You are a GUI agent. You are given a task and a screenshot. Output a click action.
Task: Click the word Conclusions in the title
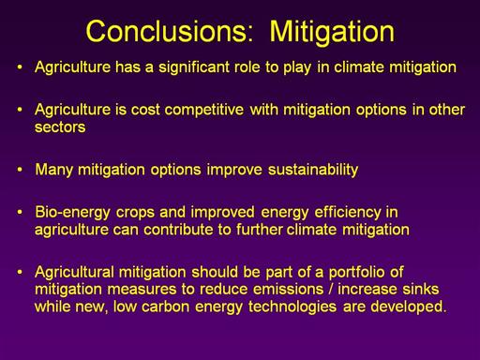click(170, 31)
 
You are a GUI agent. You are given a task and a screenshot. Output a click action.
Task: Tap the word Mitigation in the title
click(332, 31)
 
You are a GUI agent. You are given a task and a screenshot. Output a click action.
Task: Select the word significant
click(194, 67)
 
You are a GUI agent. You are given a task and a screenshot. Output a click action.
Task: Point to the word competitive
click(204, 110)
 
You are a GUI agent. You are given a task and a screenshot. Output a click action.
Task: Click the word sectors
click(60, 127)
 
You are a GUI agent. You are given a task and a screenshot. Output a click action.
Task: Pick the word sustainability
click(313, 170)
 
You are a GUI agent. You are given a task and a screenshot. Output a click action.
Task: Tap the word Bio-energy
click(72, 213)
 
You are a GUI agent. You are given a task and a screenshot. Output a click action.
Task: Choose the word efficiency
click(348, 213)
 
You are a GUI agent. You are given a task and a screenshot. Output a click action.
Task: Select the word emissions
click(288, 290)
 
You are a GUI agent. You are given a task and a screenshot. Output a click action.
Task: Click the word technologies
click(292, 307)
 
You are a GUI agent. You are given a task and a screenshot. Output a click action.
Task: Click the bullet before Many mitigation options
click(20, 170)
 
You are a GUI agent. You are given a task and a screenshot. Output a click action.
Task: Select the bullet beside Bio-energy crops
click(20, 212)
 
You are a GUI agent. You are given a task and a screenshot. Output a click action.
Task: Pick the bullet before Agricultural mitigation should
click(20, 272)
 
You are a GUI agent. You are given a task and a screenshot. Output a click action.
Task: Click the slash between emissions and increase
click(331, 290)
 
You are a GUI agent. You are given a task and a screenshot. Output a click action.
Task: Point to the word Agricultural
click(74, 272)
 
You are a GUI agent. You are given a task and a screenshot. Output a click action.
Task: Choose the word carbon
click(165, 307)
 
